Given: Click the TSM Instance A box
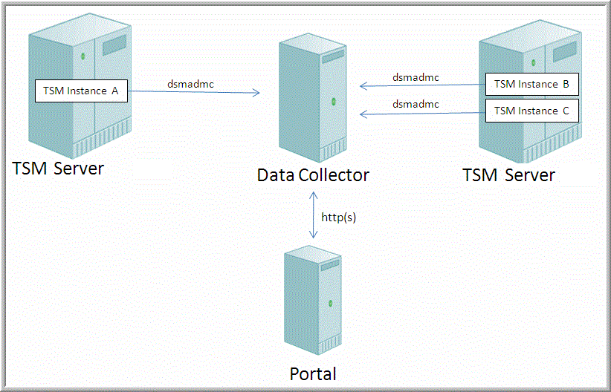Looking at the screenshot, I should point(81,91).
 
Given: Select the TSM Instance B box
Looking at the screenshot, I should point(531,84).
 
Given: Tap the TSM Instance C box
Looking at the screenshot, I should point(531,111).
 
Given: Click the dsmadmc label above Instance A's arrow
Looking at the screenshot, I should point(190,84).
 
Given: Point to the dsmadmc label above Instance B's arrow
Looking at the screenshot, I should point(416,77).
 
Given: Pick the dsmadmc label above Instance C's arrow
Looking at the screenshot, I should point(416,105).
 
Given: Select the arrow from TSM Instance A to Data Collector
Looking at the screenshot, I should point(193,92).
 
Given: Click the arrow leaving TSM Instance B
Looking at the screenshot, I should point(422,86).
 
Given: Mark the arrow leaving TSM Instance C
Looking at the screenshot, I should point(422,113).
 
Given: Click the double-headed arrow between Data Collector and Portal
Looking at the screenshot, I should point(312,215).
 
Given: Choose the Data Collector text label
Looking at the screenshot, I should point(313,175).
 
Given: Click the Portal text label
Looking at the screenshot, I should point(313,373).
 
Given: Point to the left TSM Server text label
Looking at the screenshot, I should point(59,169).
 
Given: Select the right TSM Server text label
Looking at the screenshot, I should point(508,175).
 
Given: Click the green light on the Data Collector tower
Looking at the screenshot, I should point(334,100).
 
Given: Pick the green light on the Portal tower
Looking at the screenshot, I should point(333,302).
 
